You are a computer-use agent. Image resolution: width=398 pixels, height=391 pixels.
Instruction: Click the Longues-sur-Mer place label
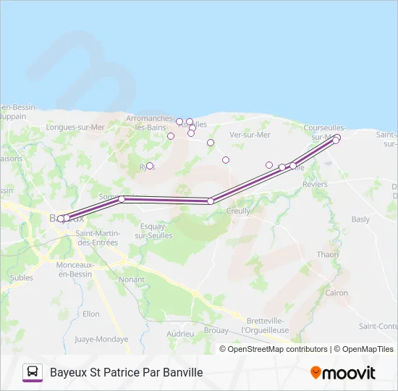[x=75, y=127]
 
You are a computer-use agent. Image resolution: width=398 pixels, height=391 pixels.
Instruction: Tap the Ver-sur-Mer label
[x=250, y=135]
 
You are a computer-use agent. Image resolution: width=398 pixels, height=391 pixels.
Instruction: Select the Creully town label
[x=238, y=211]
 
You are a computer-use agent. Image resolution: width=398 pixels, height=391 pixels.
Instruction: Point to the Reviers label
[x=315, y=185]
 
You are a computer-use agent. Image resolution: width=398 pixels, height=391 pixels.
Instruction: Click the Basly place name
[x=360, y=219]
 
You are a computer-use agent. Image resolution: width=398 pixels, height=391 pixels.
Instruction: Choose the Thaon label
[x=327, y=255]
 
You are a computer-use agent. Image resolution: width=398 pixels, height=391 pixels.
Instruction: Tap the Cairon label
[x=336, y=293]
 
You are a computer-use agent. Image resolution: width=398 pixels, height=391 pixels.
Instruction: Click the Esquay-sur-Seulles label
[x=153, y=231]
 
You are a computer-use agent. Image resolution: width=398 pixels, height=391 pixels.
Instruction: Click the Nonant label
[x=132, y=279]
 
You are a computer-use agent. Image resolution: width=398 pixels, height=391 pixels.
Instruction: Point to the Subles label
[x=21, y=277]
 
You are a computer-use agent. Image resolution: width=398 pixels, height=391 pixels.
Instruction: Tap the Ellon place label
[x=91, y=314]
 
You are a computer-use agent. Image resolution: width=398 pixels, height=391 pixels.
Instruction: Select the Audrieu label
[x=180, y=334]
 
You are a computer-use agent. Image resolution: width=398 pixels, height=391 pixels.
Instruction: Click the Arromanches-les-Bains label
[x=149, y=122]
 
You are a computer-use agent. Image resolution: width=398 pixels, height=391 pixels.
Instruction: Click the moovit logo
[x=343, y=373]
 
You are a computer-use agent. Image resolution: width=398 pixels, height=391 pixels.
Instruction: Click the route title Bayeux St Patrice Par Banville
[x=126, y=373]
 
